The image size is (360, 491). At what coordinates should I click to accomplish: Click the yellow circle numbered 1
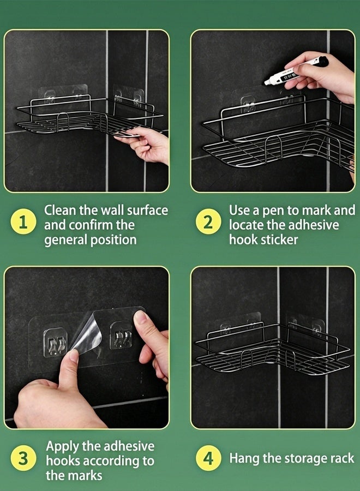[23, 223]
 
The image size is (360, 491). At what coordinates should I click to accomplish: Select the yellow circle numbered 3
[23, 458]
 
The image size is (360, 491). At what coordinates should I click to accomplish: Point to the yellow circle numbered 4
[208, 458]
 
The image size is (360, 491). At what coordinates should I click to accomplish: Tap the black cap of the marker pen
[322, 61]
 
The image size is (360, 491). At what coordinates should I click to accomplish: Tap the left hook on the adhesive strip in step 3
[56, 342]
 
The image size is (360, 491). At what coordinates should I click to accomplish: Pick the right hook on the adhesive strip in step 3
[121, 336]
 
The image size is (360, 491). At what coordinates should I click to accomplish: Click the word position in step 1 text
[113, 240]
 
